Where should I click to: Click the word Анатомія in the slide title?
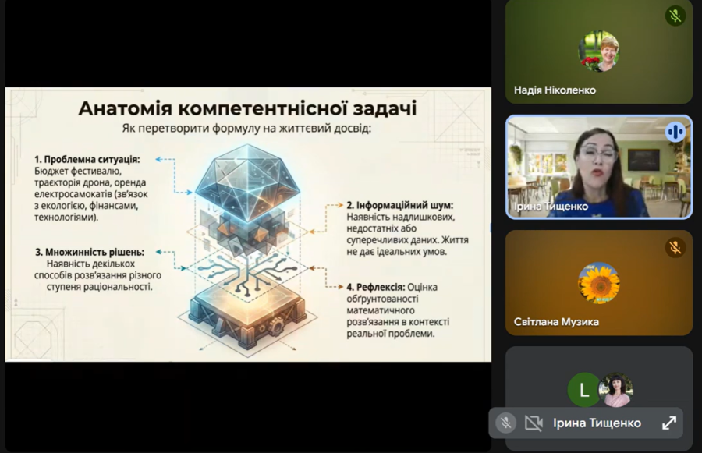126,108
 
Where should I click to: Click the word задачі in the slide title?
385,109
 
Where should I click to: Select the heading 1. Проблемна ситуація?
87,159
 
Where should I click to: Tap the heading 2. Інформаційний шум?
400,205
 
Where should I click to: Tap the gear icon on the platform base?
277,324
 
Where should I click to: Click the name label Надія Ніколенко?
555,90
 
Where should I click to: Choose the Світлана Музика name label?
556,322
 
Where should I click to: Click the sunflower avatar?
599,283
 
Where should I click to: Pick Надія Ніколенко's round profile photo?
599,51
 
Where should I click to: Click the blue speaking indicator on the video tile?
675,132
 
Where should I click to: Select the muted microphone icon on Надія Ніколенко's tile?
675,16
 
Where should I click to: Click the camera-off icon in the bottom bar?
534,423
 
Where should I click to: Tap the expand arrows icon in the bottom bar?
669,423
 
